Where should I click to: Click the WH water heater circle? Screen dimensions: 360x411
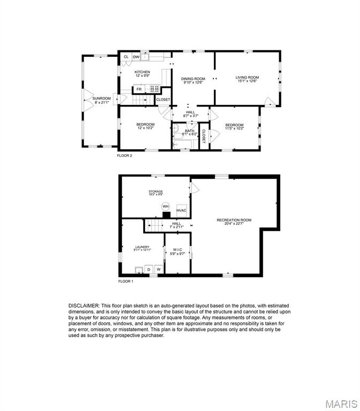[165, 207]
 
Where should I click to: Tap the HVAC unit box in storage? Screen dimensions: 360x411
[181, 210]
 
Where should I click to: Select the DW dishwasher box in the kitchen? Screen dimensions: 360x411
[136, 57]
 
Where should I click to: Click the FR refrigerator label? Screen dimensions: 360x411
[139, 89]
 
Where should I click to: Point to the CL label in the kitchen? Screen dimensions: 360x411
[126, 57]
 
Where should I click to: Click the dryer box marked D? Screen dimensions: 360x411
[149, 270]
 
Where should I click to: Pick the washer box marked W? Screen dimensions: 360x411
[158, 270]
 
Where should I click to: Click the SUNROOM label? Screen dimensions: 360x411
[102, 98]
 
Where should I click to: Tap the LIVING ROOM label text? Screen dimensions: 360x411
[247, 77]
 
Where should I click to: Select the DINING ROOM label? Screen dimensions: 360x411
[193, 79]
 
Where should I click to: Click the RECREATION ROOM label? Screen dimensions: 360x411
[234, 220]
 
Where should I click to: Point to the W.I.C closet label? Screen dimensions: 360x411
[178, 250]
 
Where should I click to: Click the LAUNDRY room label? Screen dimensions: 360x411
[142, 247]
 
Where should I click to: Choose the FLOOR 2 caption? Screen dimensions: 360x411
[125, 155]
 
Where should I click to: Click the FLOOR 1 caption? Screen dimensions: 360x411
[126, 281]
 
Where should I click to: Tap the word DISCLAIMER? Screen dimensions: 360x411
[84, 306]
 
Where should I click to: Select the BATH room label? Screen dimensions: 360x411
[190, 131]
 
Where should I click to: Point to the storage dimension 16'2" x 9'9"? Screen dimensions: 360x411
[156, 194]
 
